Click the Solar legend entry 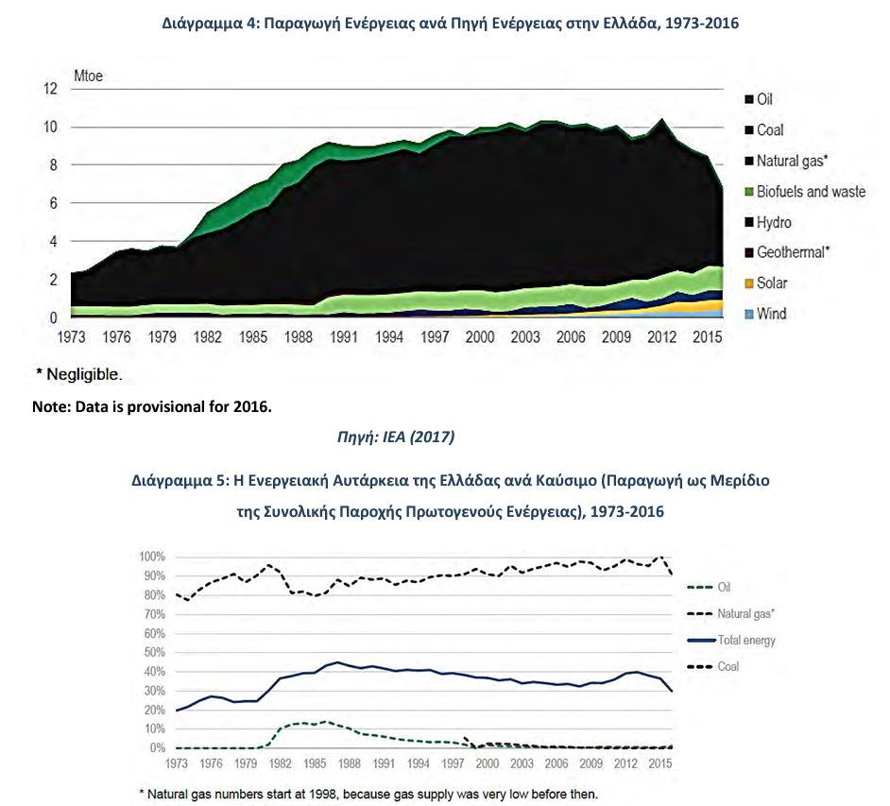pyautogui.click(x=765, y=283)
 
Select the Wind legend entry pyautogui.click(x=765, y=314)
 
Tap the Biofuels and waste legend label pyautogui.click(x=811, y=191)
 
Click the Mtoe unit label pyautogui.click(x=88, y=76)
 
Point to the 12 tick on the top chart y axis pyautogui.click(x=50, y=89)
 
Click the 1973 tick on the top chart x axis pyautogui.click(x=71, y=337)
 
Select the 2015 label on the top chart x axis pyautogui.click(x=708, y=337)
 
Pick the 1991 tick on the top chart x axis pyautogui.click(x=343, y=337)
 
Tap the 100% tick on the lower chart pyautogui.click(x=152, y=557)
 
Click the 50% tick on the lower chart pyautogui.click(x=154, y=653)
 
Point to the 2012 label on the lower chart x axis pyautogui.click(x=625, y=763)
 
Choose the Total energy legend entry pyautogui.click(x=731, y=641)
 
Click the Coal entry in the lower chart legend pyautogui.click(x=713, y=666)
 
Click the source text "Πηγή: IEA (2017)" pyautogui.click(x=396, y=437)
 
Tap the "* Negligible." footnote pyautogui.click(x=79, y=374)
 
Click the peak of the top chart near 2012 pyautogui.click(x=661, y=119)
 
